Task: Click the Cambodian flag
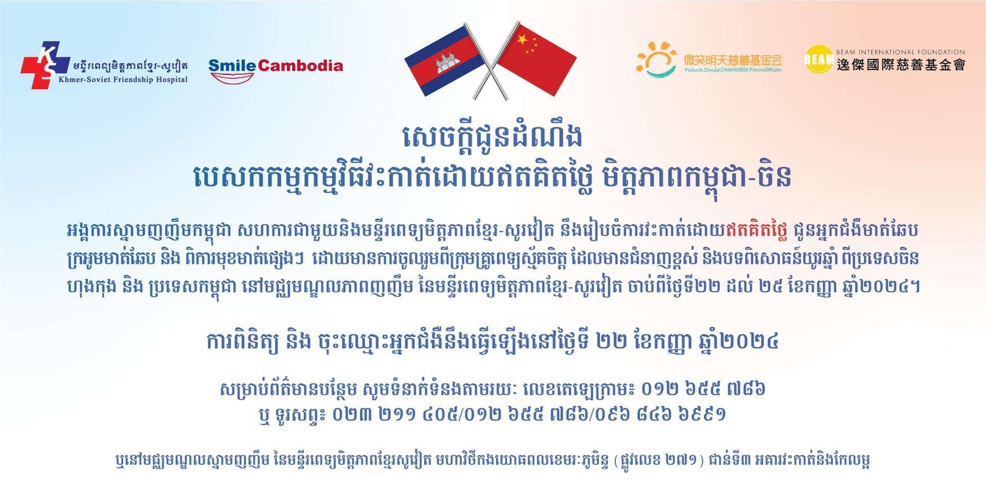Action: pyautogui.click(x=444, y=61)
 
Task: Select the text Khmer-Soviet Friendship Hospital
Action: pyautogui.click(x=123, y=79)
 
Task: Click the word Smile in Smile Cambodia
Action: pyautogui.click(x=233, y=66)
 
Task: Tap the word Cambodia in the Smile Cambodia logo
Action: pyautogui.click(x=301, y=66)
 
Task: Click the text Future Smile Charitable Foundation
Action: pyautogui.click(x=733, y=70)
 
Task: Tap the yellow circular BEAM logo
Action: pyautogui.click(x=819, y=59)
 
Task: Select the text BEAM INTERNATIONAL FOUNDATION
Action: pyautogui.click(x=900, y=52)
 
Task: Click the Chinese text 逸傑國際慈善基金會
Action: pyautogui.click(x=900, y=65)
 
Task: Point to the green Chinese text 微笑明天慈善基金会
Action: pyautogui.click(x=733, y=60)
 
